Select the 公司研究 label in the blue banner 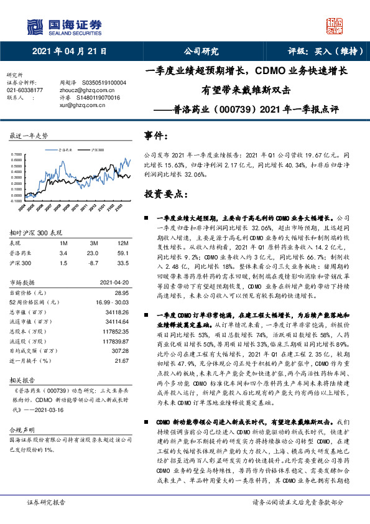point(201,52)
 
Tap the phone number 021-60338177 point(25,90)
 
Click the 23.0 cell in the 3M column point(93,253)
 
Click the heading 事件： point(156,135)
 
